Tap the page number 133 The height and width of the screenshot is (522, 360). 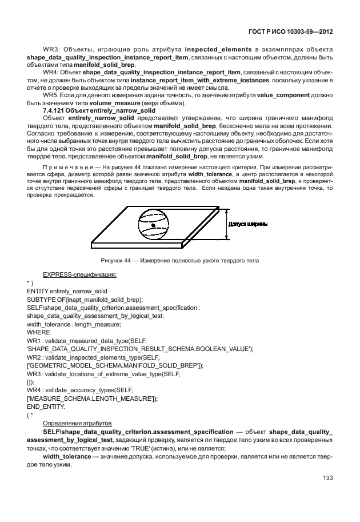point(328,478)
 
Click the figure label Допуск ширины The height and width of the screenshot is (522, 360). point(247,225)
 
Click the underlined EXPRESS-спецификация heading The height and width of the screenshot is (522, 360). point(79,275)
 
